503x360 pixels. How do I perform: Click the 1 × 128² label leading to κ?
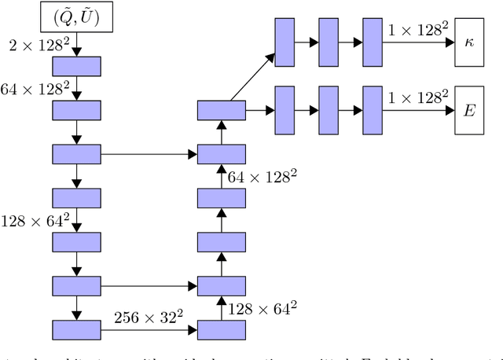pyautogui.click(x=419, y=30)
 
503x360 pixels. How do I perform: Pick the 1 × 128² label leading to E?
pyautogui.click(x=419, y=97)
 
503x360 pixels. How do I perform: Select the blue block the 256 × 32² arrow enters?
pyautogui.click(x=222, y=329)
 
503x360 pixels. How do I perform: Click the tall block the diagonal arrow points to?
pyautogui.click(x=284, y=39)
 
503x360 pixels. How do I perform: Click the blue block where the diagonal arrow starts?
pyautogui.click(x=222, y=111)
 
